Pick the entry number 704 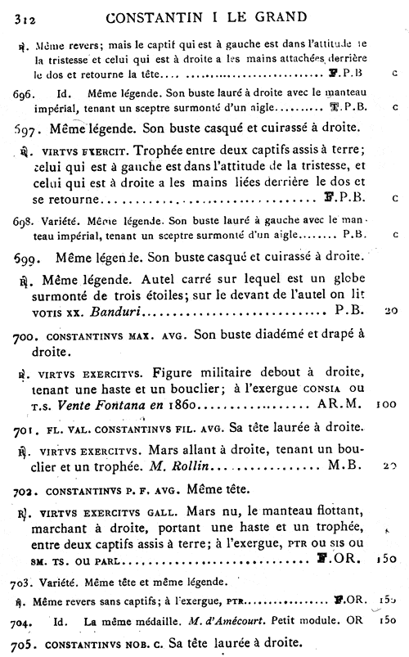24,619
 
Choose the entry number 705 25,642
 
